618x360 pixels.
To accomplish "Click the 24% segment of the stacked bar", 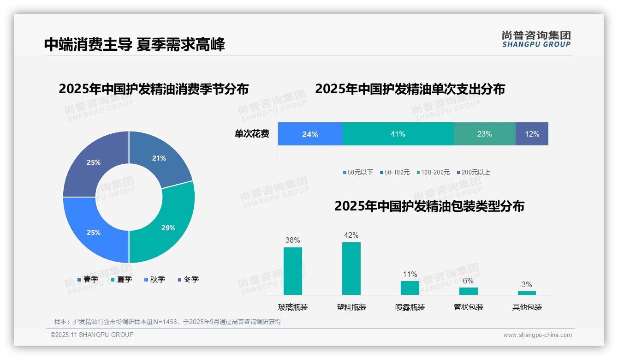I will [310, 134].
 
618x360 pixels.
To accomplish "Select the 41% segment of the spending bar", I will [398, 134].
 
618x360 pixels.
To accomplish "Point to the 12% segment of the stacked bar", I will [532, 134].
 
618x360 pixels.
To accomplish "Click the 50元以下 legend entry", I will [358, 172].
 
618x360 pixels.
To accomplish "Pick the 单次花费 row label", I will [252, 134].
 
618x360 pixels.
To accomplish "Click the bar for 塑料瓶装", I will [351, 269].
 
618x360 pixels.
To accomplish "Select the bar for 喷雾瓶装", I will [410, 288].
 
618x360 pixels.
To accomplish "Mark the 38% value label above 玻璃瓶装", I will [292, 240].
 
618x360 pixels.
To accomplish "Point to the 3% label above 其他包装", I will [527, 284].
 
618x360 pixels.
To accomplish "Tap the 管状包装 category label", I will [468, 307].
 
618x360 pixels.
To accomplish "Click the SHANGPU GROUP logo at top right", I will [536, 39].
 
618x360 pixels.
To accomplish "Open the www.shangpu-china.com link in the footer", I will [537, 335].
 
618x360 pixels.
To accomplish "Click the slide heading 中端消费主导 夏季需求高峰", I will [134, 45].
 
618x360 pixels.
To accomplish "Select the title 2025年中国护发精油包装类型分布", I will [429, 206].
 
